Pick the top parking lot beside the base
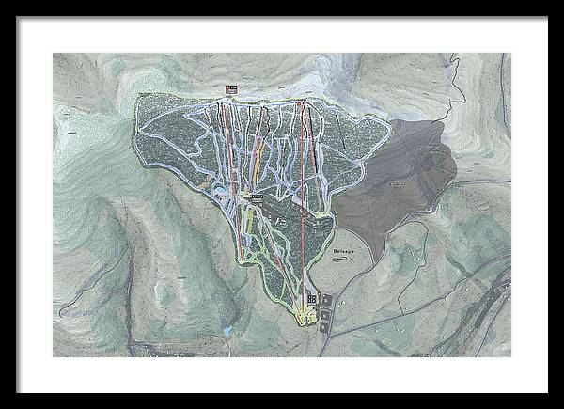click(327, 299)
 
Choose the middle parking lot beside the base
click(326, 312)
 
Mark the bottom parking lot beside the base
click(324, 326)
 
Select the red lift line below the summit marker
click(226, 141)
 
